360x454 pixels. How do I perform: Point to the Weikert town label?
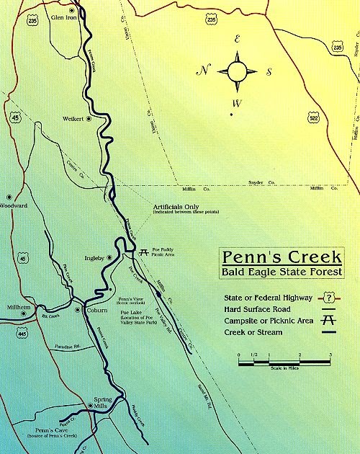coord(73,119)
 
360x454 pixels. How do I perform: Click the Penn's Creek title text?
coord(282,257)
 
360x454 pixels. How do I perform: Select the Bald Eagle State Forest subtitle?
coord(282,272)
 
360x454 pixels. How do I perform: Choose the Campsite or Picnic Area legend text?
coord(269,321)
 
